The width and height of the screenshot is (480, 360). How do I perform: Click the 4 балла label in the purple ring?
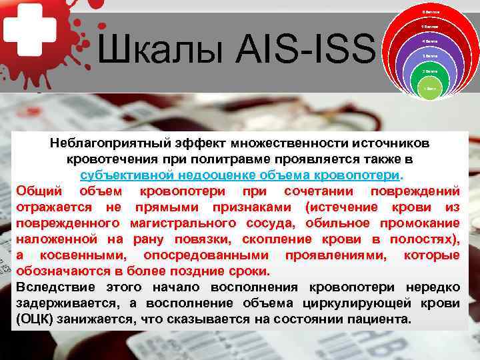tap(430, 41)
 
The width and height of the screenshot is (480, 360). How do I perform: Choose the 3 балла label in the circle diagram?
tap(430, 56)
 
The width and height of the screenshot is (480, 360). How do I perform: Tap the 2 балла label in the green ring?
tap(430, 71)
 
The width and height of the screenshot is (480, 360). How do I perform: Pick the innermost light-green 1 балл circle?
tap(430, 87)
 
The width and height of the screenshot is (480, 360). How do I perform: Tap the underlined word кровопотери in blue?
tap(363, 175)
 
